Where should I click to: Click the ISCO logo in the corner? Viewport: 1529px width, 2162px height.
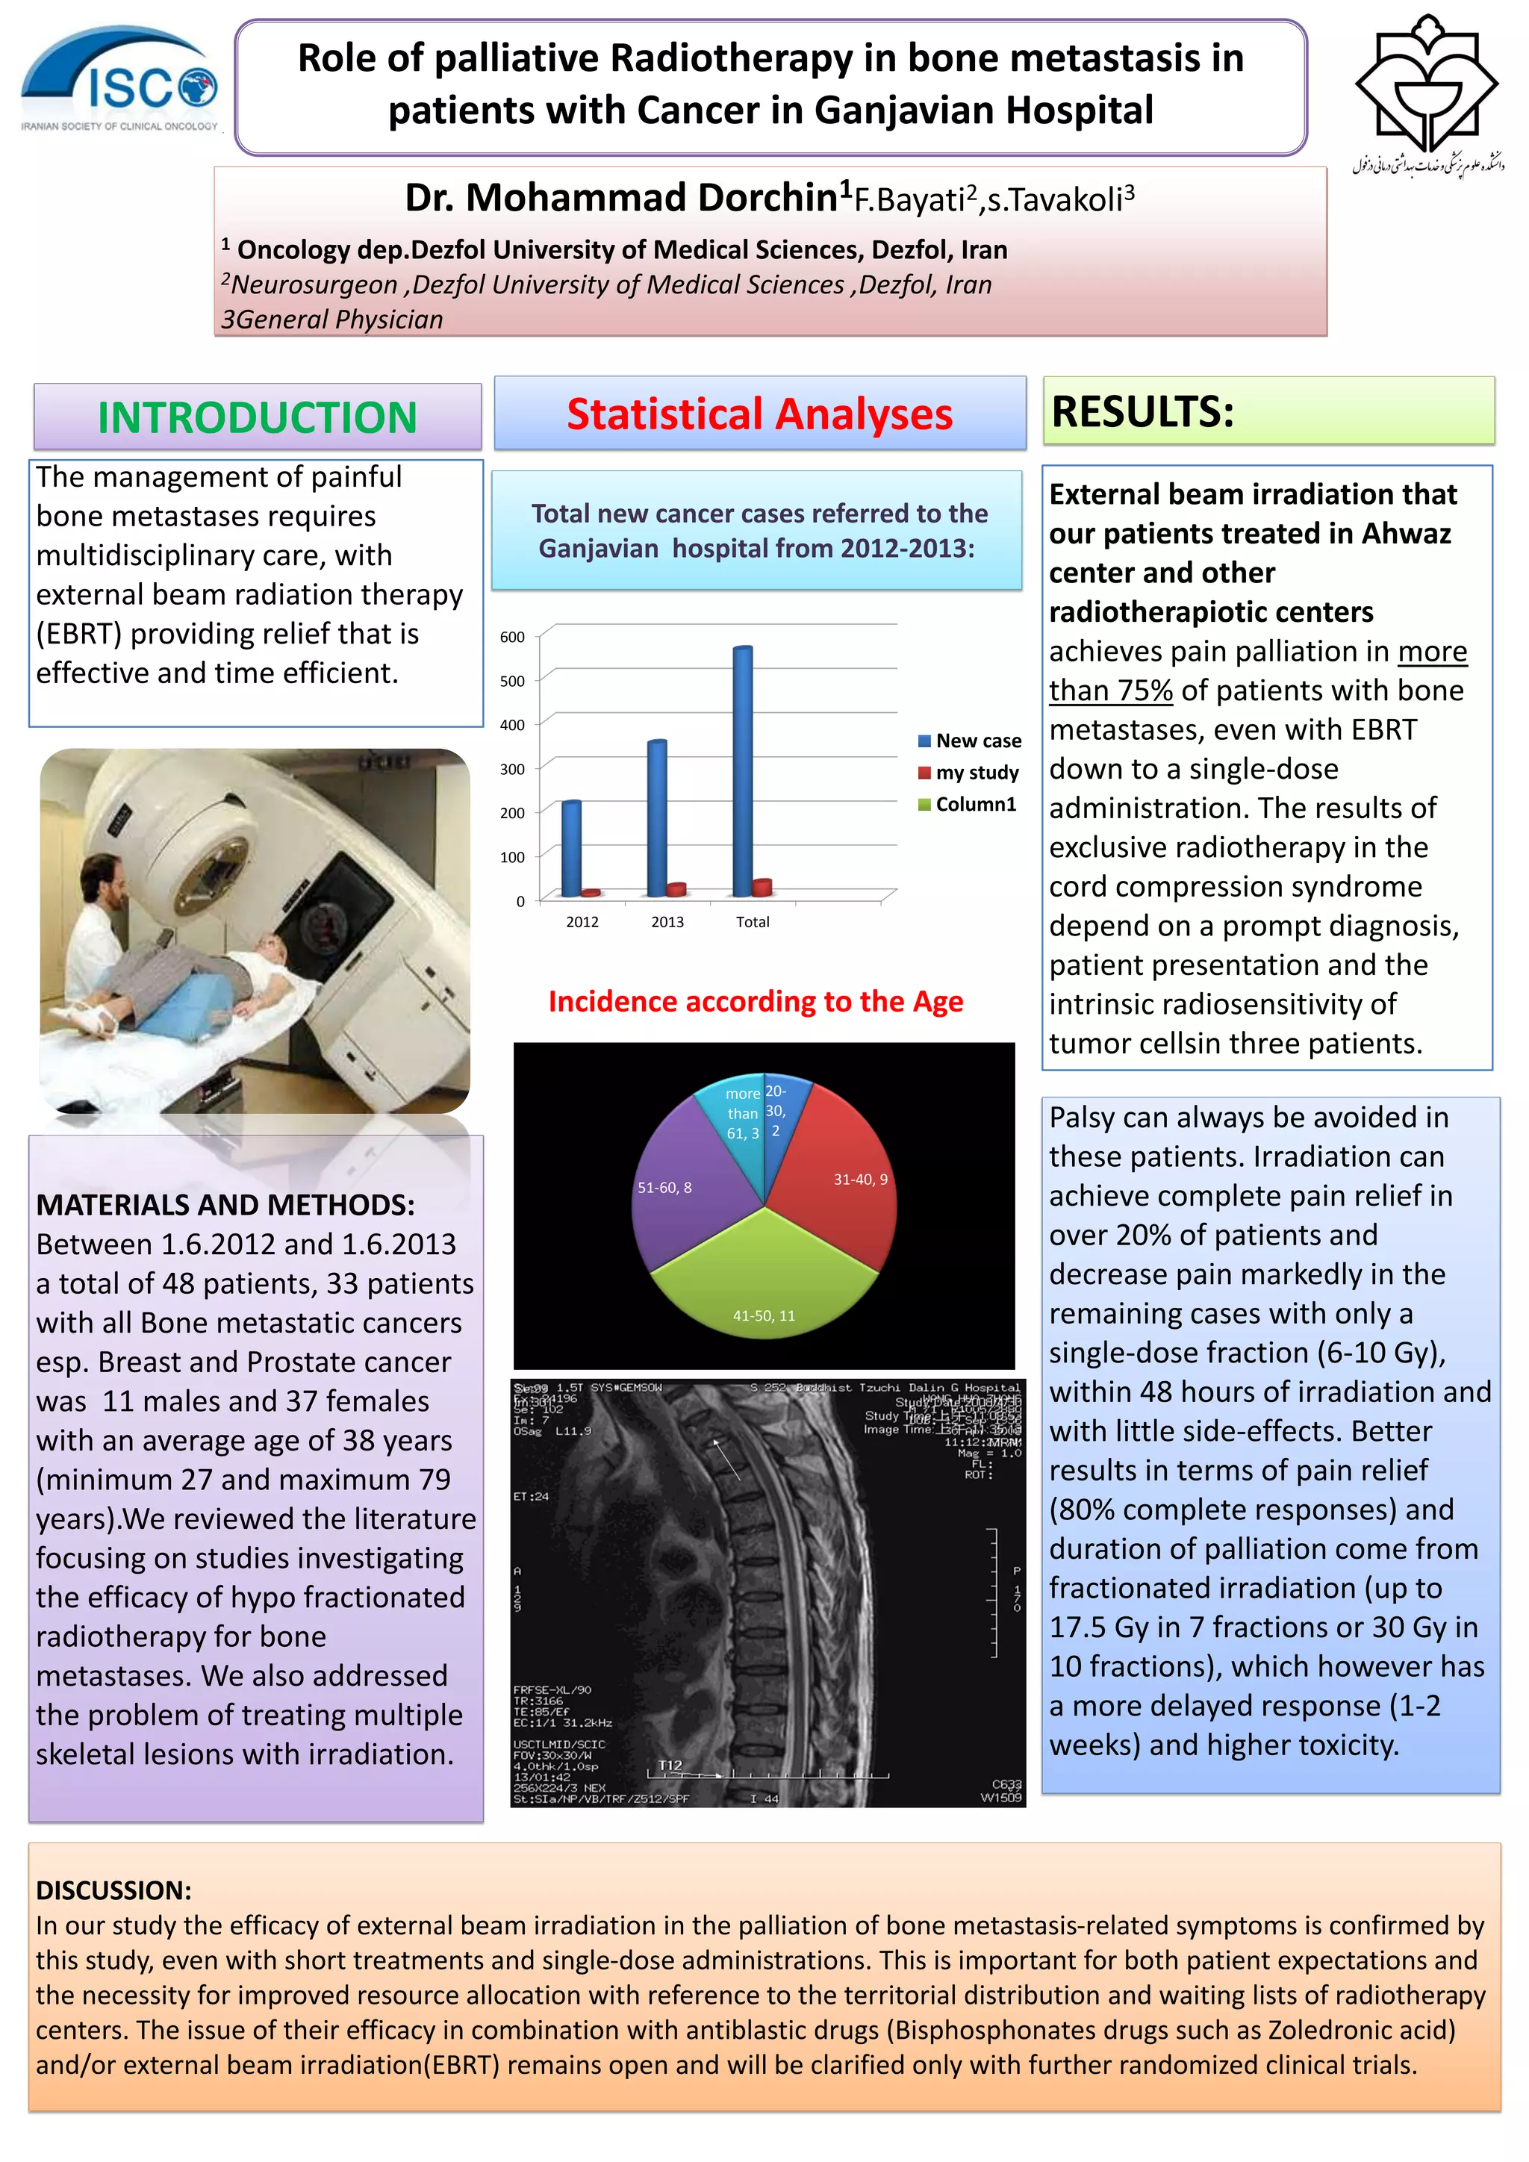pos(119,81)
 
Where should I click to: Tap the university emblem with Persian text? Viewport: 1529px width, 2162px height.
pos(1427,94)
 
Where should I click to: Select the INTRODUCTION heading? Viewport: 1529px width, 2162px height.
pos(257,417)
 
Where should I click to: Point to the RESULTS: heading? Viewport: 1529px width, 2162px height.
pos(1142,411)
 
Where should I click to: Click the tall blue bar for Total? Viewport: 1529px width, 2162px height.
pos(742,770)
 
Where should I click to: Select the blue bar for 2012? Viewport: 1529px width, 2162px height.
pos(570,847)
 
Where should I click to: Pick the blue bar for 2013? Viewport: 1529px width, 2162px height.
pos(656,817)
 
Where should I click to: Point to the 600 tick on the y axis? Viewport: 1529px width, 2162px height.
pos(512,638)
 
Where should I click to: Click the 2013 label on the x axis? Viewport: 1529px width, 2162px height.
pos(667,922)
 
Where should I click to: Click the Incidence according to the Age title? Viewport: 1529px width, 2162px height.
pos(756,1001)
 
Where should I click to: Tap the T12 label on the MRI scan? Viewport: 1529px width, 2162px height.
pos(670,1766)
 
